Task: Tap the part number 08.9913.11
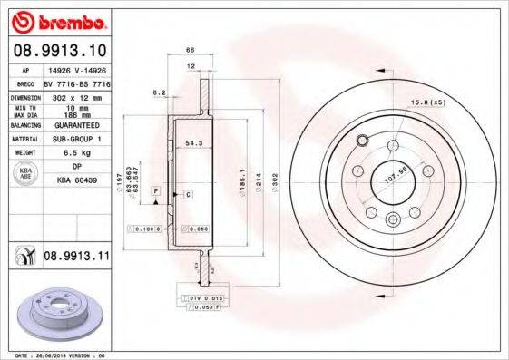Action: (76, 257)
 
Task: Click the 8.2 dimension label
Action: (160, 92)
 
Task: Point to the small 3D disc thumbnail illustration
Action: (56, 313)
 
